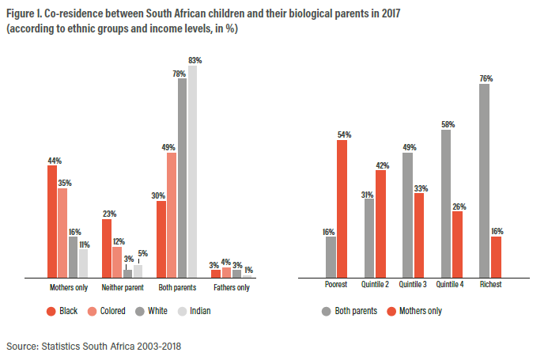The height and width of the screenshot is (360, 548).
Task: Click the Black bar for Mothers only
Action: tap(52, 222)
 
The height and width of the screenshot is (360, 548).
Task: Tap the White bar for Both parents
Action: tap(182, 178)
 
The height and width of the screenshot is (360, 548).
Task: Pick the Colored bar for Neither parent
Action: tap(117, 262)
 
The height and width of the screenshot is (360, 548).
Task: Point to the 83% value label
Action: tap(195, 60)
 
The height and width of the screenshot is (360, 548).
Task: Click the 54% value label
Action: tap(343, 135)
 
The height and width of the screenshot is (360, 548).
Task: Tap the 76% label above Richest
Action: tap(486, 78)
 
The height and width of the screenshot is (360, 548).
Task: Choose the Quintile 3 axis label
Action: tap(413, 285)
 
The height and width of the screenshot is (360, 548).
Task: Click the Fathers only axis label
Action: tap(231, 287)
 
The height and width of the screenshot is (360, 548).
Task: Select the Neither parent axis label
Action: tap(122, 287)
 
